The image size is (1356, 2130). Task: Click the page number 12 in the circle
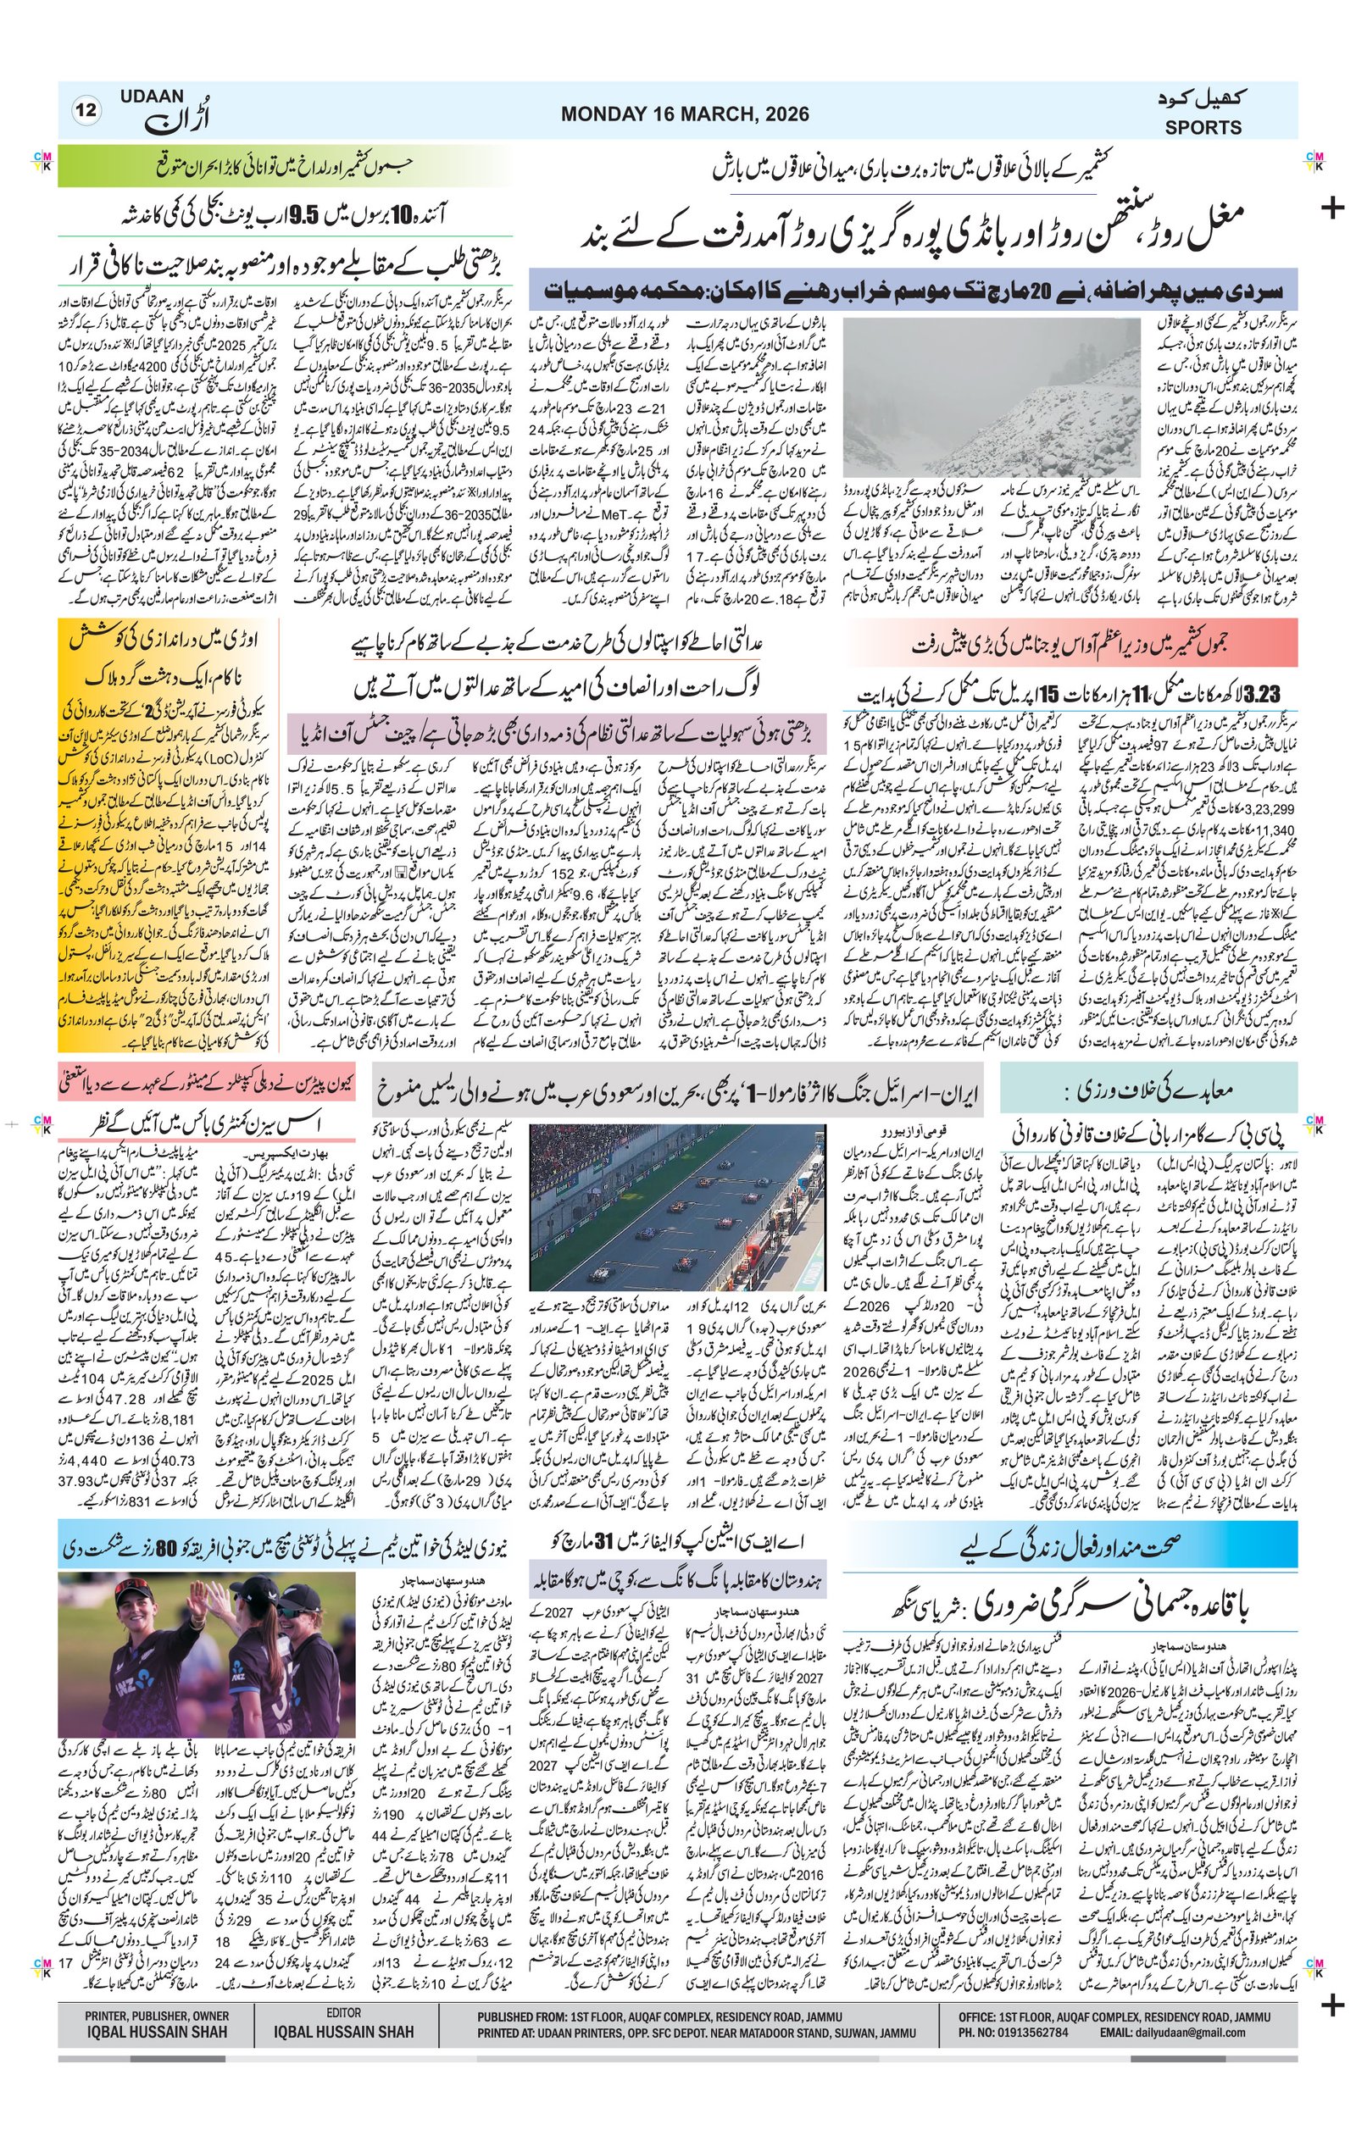(87, 111)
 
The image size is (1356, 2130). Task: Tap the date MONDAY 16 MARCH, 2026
(684, 114)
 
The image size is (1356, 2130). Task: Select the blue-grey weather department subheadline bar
(913, 290)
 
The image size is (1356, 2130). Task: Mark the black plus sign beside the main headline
(1331, 208)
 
